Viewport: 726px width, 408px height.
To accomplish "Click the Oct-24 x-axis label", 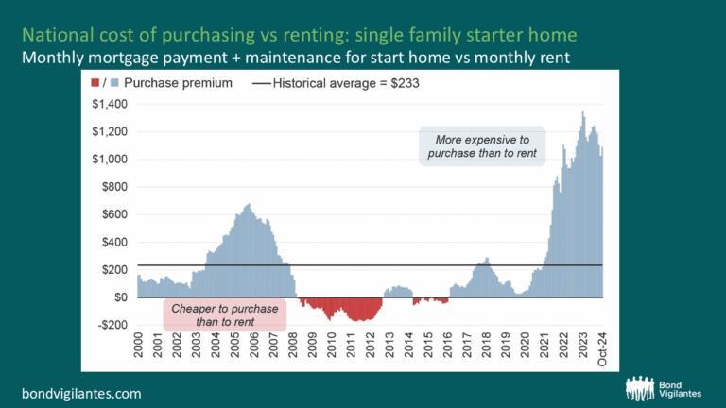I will (604, 352).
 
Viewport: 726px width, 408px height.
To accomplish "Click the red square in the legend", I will (95, 83).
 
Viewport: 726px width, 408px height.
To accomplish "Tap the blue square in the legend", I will (113, 83).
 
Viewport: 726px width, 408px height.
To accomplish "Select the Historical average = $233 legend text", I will (345, 83).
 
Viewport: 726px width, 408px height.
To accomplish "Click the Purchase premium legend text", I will (177, 83).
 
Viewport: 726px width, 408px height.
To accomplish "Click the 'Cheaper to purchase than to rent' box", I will (224, 314).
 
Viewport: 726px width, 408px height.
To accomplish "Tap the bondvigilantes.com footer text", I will (81, 391).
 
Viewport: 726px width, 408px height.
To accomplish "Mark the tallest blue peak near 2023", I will (583, 113).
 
